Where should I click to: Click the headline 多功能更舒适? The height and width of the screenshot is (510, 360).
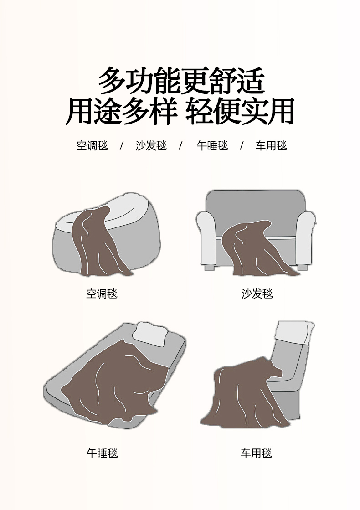181,80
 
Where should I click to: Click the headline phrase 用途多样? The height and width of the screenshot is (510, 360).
121,111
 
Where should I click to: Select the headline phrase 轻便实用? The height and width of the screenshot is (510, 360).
240,111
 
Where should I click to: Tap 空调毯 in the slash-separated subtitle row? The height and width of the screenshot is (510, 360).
92,145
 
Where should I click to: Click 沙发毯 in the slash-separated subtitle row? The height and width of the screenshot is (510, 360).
151,145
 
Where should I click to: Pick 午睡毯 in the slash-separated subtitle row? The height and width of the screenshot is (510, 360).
212,145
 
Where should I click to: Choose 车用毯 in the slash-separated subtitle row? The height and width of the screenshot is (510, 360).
271,145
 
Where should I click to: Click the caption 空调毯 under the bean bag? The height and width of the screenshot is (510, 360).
102,294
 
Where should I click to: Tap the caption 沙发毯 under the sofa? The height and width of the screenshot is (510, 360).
257,294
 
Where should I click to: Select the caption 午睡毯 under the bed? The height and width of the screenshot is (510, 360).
102,453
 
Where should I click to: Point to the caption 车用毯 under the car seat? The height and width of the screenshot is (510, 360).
256,453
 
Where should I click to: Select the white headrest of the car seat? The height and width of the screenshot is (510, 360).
295,332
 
